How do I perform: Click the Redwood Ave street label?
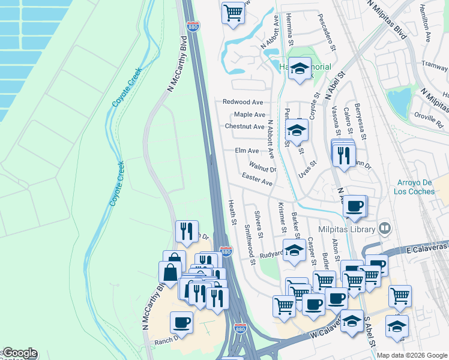(x=243, y=103)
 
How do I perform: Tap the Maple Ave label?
(x=250, y=115)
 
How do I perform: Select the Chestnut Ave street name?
(x=244, y=127)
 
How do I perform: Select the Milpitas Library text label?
(x=348, y=229)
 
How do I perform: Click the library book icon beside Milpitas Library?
(x=385, y=229)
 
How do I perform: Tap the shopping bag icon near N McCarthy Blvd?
(x=170, y=272)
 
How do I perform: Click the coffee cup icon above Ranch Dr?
(x=181, y=323)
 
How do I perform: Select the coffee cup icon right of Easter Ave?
(x=355, y=206)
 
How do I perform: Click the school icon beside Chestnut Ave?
(x=297, y=130)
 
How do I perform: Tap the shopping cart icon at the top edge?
(x=233, y=11)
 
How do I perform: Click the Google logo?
(x=19, y=353)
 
